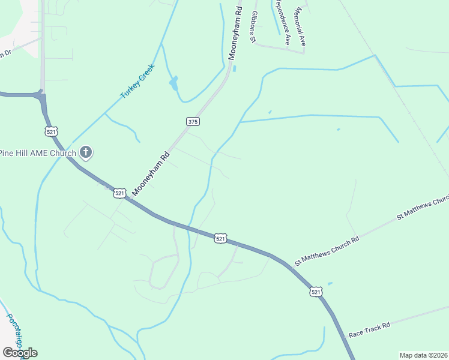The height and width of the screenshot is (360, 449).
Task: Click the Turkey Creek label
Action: (x=137, y=81)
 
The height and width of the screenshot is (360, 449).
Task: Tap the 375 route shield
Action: (x=192, y=121)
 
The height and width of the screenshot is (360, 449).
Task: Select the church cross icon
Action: (x=86, y=152)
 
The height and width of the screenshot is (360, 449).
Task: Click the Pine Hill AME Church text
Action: (x=38, y=153)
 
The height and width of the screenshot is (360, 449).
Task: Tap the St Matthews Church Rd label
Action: (x=326, y=250)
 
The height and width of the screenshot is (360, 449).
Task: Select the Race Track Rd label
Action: (x=370, y=329)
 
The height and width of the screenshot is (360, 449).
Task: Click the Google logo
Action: (x=20, y=352)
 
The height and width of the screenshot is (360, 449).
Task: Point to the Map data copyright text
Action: (x=423, y=355)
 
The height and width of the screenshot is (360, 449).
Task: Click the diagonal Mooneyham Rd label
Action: (x=151, y=173)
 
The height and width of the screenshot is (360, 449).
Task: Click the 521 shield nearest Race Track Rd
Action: (x=316, y=292)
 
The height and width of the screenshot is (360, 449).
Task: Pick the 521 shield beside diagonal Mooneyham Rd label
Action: (x=119, y=193)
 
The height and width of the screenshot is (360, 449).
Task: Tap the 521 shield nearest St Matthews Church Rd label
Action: (x=221, y=238)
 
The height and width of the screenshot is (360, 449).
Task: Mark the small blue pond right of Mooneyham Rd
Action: (x=234, y=68)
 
